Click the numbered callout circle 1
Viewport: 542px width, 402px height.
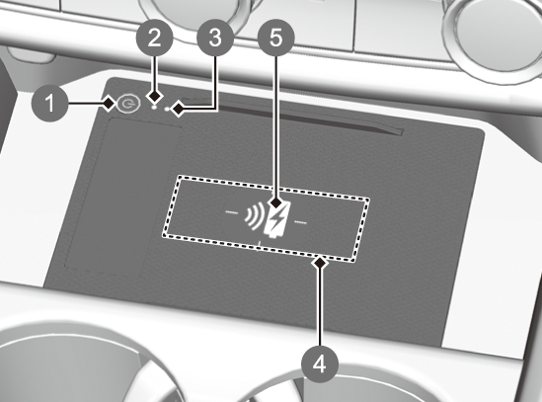tap(50, 103)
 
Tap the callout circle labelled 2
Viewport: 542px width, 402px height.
tap(154, 38)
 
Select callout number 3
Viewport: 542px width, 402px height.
tap(215, 38)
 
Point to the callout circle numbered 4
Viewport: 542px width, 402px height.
tap(320, 363)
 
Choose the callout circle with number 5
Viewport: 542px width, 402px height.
tap(275, 38)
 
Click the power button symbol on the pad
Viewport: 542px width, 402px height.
tap(128, 104)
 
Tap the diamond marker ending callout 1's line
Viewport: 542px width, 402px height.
tap(109, 104)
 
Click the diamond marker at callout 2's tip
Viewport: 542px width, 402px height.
tap(154, 96)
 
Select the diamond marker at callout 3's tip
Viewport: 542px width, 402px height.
tap(179, 110)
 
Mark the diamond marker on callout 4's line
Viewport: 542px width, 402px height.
tap(320, 263)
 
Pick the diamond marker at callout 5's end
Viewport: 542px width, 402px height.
tap(275, 202)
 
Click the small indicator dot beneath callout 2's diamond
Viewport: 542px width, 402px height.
tap(155, 107)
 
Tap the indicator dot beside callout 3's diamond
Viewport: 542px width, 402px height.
tap(168, 110)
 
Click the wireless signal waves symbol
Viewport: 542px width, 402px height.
tap(254, 216)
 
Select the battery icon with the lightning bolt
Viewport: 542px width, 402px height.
tap(277, 220)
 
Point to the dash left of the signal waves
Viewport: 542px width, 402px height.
tap(232, 211)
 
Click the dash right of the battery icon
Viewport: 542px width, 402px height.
tap(300, 222)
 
